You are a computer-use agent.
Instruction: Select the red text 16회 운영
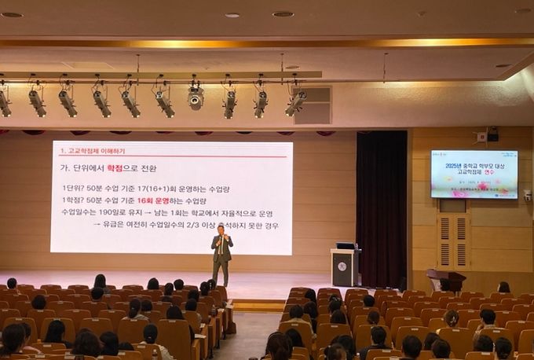coord(155,200)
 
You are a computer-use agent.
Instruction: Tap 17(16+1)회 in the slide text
coord(159,189)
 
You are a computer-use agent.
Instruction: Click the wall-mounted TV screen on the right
coord(474,174)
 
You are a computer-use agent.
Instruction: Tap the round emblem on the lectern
coord(342,266)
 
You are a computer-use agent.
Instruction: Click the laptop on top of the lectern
coord(346,245)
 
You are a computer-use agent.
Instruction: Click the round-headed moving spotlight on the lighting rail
coord(196,98)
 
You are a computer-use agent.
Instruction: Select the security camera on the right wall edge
coord(527,195)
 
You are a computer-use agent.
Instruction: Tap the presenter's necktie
coord(222,244)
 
